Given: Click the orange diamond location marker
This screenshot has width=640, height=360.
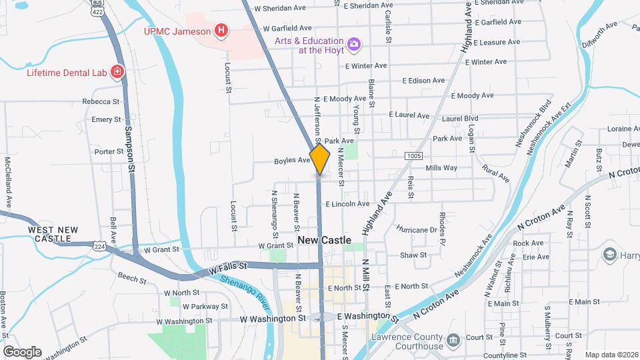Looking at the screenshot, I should point(320,159).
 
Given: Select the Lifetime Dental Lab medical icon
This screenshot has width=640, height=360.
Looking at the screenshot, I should point(117,71).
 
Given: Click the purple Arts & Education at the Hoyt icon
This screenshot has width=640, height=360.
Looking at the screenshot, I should point(354,44).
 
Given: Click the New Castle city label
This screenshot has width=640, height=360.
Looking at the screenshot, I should point(324,240).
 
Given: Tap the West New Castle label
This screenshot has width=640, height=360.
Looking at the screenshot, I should point(53,234).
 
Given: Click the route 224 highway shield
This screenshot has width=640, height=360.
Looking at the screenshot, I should point(99,246).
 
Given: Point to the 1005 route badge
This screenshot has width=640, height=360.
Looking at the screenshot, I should point(413,155).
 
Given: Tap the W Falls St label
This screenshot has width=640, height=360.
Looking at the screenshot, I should point(227,269).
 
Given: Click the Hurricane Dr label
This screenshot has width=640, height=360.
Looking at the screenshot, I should point(416,229).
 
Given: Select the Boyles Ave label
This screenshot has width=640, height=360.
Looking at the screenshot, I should point(292,161).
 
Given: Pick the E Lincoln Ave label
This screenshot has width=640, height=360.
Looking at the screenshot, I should point(347,203).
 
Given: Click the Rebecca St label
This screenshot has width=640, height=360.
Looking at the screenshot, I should point(101,101).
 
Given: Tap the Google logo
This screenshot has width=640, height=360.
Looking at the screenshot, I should point(22,352).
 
